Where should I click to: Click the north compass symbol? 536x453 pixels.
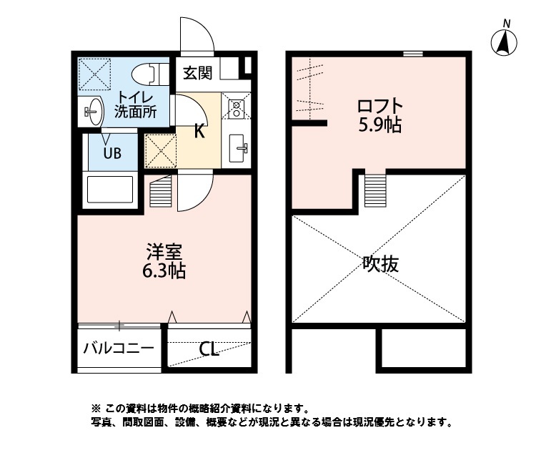coord(505,43)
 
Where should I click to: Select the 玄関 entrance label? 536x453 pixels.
coord(197,72)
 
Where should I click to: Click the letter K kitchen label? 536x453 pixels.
coord(200,130)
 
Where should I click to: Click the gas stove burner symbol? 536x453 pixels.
coord(236,108)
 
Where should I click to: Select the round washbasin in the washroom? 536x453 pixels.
coord(91,111)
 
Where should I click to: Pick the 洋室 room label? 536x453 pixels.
coord(165,253)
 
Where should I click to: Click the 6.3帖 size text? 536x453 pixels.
coord(165,272)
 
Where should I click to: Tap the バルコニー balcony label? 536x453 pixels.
coord(118,349)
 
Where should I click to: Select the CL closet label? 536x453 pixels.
coord(209,349)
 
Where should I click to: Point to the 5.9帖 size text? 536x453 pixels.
coord(379,126)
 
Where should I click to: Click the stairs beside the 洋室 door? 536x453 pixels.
coord(162,191)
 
